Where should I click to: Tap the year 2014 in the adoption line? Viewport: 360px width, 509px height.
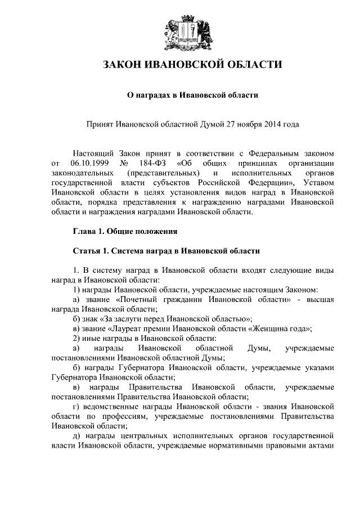269,123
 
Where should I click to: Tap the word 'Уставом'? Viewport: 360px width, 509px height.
318,183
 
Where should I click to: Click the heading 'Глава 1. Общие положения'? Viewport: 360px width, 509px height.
126,231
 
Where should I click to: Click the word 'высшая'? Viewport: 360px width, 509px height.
321,300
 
